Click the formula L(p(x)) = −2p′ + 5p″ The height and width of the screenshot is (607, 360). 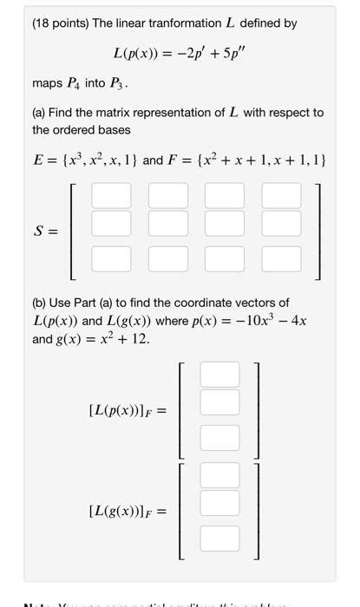click(180, 55)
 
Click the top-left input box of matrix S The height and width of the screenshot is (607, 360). click(110, 194)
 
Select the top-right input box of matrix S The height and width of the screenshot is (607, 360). click(282, 194)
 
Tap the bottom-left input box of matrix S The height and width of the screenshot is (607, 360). click(110, 258)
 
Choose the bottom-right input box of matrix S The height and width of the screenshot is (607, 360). click(282, 258)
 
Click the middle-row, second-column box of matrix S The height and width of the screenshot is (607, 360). click(167, 223)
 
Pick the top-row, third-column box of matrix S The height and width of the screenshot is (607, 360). click(225, 194)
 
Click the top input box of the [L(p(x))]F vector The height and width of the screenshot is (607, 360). click(219, 374)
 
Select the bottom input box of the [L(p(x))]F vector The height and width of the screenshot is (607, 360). click(219, 437)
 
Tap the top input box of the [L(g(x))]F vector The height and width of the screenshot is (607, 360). click(219, 474)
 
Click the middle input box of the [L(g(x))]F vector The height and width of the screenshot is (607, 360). click(219, 503)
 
